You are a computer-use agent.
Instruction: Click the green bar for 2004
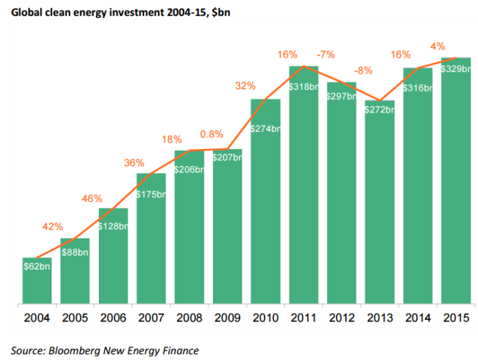(36, 280)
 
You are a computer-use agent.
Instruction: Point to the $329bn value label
(456, 69)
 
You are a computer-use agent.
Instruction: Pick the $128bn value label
(114, 226)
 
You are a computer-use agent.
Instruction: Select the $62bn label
(37, 266)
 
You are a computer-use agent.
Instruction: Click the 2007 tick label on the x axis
(151, 318)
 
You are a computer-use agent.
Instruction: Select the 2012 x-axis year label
(342, 318)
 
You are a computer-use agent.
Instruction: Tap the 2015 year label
(456, 318)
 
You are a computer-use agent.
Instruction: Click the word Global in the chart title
(27, 9)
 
